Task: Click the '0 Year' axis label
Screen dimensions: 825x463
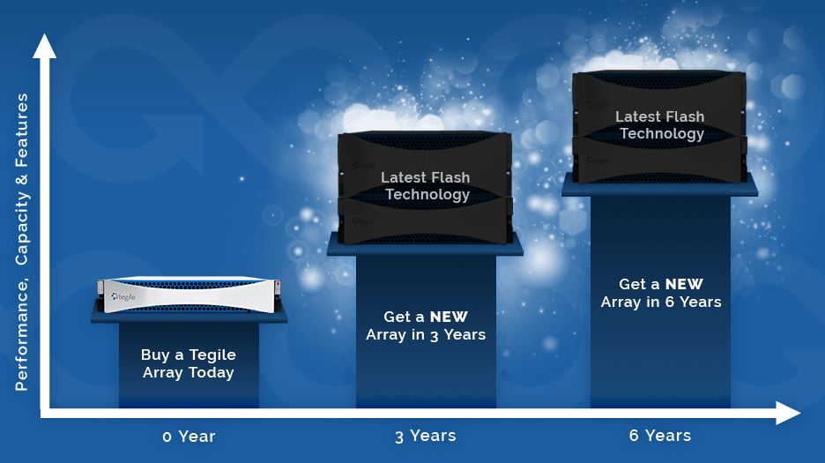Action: (x=189, y=437)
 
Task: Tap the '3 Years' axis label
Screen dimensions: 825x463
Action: (x=426, y=436)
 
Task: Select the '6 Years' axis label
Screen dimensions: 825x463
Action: (x=660, y=436)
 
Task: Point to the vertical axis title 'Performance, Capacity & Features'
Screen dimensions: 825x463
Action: (x=21, y=242)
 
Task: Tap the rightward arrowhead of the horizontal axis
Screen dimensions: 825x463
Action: (x=789, y=413)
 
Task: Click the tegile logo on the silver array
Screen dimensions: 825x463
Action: (x=123, y=297)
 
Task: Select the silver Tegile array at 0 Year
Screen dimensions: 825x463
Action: (x=189, y=295)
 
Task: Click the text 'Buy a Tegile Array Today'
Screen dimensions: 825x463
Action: (x=189, y=363)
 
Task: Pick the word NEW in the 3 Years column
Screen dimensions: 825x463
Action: (x=449, y=317)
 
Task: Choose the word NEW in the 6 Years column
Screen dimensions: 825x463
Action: (x=684, y=284)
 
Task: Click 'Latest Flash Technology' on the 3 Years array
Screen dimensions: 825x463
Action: (x=426, y=186)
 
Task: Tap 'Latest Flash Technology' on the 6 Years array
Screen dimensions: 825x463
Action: (x=660, y=125)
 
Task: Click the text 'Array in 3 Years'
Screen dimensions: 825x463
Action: (x=426, y=335)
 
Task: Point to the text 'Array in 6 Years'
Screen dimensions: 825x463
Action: (x=661, y=302)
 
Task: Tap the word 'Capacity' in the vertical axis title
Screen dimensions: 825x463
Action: (x=21, y=228)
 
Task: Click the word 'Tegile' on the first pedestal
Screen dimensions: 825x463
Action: (x=212, y=355)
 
